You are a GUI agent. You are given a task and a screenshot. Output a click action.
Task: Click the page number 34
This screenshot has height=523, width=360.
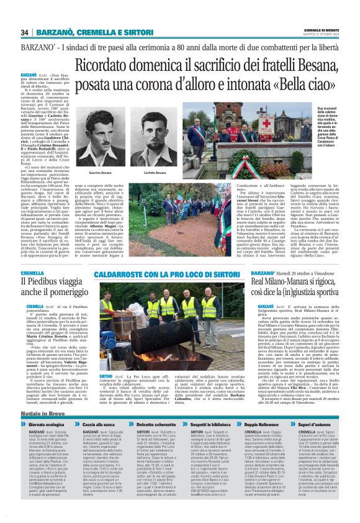coord(25,32)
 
